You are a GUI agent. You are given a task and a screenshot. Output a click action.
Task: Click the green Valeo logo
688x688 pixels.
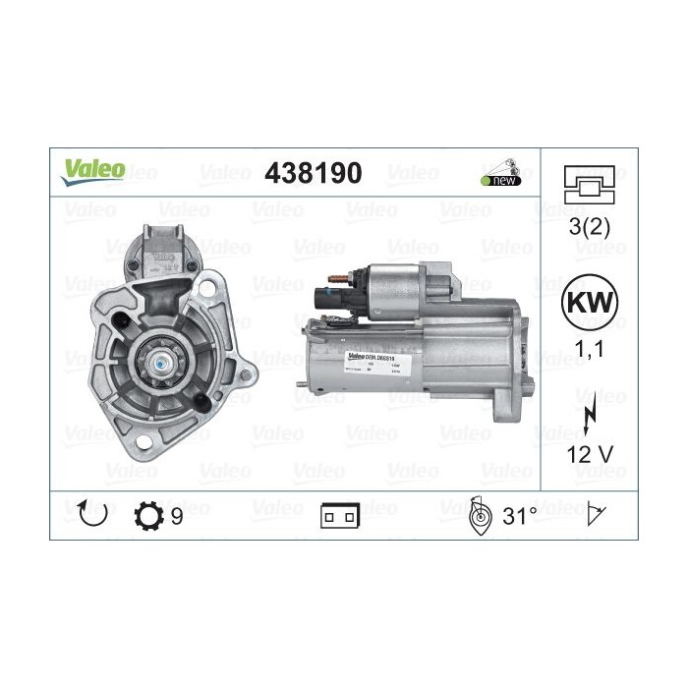[94, 169]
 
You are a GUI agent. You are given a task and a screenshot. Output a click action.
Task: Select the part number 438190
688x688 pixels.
[314, 174]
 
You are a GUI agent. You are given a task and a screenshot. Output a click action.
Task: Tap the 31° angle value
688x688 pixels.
[520, 515]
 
